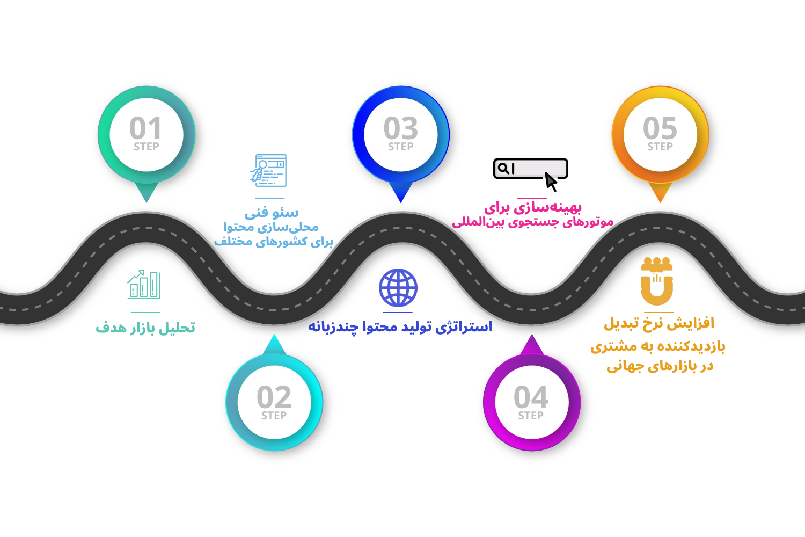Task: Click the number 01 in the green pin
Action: (145, 128)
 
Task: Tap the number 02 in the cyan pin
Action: (274, 397)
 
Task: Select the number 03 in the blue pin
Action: (400, 128)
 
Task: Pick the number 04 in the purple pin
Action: (531, 397)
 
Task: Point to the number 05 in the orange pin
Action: (660, 128)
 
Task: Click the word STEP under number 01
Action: (146, 147)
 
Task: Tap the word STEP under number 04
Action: (531, 416)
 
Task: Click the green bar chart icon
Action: (144, 285)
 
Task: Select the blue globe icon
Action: (398, 287)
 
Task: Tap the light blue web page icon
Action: (269, 170)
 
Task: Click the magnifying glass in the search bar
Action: (503, 169)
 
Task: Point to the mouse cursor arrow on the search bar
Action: (550, 178)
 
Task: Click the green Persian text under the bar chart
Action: (146, 328)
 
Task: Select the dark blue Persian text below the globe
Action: (400, 326)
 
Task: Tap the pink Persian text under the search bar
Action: (532, 215)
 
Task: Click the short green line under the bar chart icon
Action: (145, 311)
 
